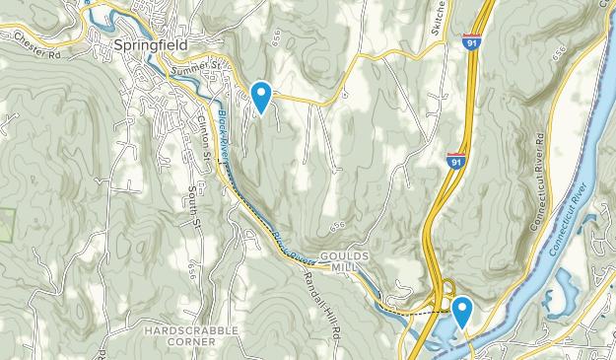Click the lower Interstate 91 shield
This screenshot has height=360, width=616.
point(454,161)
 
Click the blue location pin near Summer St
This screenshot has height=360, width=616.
point(261,96)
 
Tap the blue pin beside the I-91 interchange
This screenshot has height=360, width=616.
point(460,312)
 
